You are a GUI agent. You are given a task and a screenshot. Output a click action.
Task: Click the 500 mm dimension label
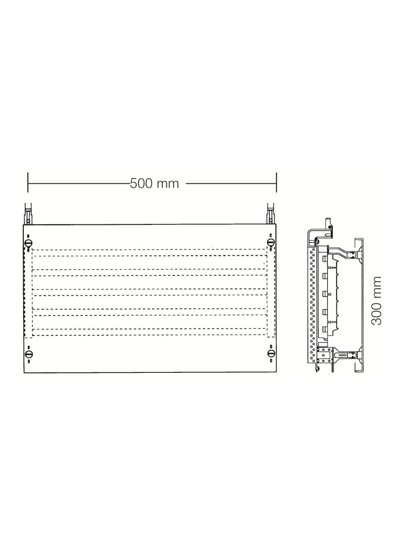[154, 183]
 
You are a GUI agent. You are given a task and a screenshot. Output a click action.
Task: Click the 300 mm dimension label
[376, 301]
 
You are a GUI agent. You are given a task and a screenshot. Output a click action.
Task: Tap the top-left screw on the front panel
[28, 243]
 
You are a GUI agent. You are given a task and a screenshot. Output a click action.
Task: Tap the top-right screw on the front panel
[271, 242]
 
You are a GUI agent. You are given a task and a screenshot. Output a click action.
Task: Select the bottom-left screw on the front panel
[28, 354]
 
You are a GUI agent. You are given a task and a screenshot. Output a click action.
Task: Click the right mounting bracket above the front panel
[271, 213]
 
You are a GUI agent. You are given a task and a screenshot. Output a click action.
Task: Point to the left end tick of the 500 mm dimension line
[28, 182]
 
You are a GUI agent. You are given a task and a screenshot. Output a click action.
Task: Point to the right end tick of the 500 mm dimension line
[276, 182]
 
